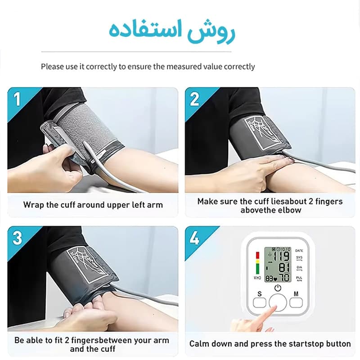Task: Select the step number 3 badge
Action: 17,238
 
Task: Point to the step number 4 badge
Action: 194,238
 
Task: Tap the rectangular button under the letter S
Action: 260,302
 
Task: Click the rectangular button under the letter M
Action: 296,302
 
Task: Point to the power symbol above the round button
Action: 278,288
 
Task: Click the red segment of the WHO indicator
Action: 257,255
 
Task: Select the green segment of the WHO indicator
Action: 257,269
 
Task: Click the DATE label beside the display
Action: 299,250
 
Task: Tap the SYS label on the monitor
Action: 299,257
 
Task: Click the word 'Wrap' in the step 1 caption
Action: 33,205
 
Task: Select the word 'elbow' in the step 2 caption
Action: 290,210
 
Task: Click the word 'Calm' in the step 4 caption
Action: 199,343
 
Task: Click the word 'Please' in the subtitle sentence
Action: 52,67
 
